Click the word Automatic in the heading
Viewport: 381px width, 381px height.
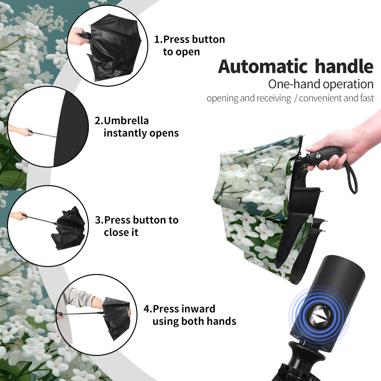point(263,66)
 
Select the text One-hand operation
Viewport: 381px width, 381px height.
point(321,84)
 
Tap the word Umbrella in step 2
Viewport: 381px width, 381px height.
point(126,121)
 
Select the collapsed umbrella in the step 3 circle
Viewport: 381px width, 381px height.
point(69,228)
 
